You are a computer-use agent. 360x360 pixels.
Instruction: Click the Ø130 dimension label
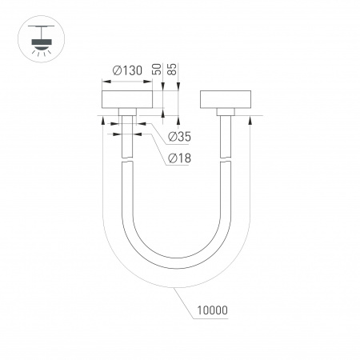click(128, 70)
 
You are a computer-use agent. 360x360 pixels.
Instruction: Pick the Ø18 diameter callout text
click(179, 158)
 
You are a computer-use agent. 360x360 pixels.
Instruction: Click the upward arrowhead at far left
click(102, 121)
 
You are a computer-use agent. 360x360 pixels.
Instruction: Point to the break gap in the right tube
click(226, 159)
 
